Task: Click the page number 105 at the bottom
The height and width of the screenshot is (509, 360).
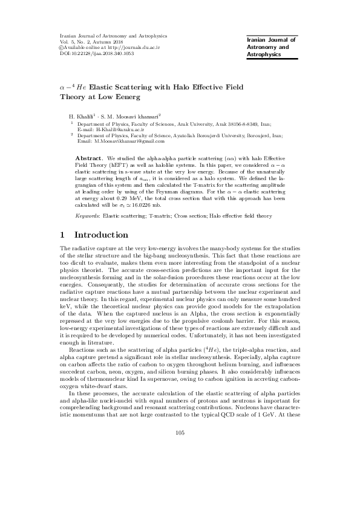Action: coord(180,467)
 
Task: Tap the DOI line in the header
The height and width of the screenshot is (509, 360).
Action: coord(91,53)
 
